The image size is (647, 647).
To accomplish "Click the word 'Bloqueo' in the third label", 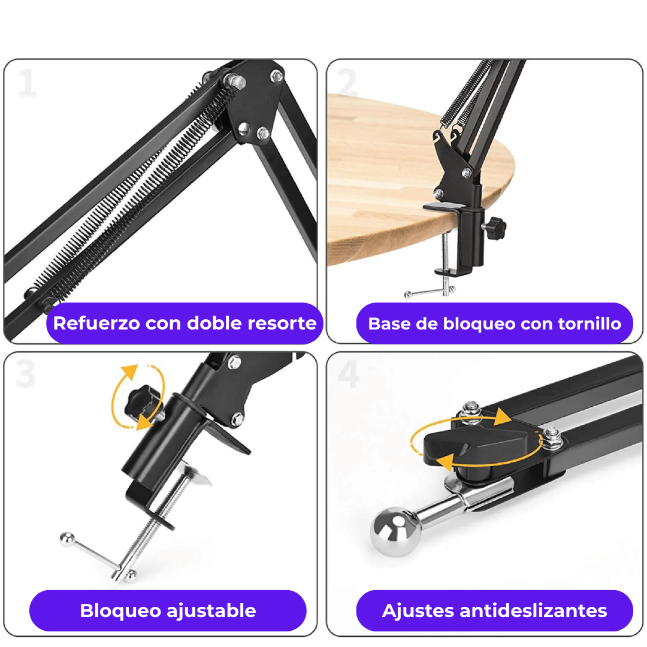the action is (x=120, y=611).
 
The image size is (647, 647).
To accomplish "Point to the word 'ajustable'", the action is (x=211, y=611).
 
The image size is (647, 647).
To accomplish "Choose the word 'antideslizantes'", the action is (x=533, y=610).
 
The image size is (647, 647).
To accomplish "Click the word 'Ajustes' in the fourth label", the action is (x=418, y=611).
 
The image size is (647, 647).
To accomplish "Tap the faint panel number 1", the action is (x=28, y=83).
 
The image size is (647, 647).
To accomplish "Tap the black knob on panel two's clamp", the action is (x=496, y=228).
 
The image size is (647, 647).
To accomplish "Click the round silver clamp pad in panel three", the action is (x=195, y=473).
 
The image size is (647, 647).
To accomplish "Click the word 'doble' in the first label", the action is (x=214, y=323).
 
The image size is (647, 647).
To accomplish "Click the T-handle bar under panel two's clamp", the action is (x=430, y=292).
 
